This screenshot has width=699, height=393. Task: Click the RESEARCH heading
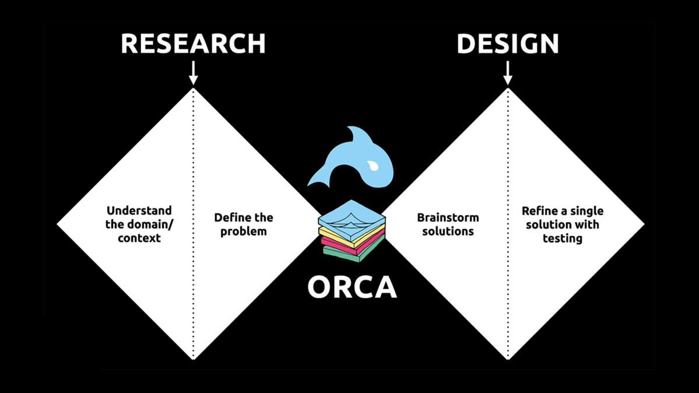coord(193,44)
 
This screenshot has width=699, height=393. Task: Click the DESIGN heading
coord(507,44)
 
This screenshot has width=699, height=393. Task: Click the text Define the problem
coord(243,224)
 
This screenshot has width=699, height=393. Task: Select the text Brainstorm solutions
coord(448,224)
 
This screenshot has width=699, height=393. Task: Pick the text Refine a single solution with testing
coord(563,224)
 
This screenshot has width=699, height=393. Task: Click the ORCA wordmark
coord(352,287)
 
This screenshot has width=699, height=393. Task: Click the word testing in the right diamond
coord(563,238)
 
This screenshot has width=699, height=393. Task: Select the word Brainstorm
coord(448,217)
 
